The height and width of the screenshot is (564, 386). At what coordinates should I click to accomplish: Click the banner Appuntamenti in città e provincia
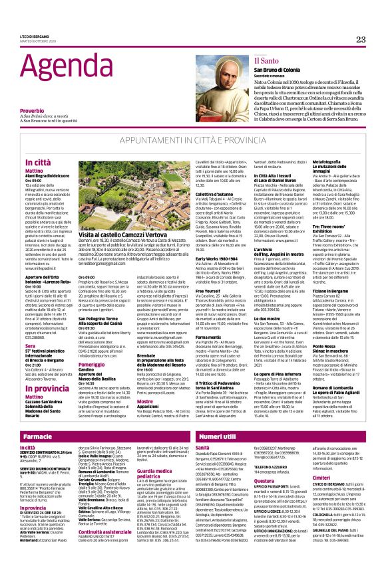(x=193, y=142)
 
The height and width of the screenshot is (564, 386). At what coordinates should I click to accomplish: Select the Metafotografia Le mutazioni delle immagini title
(x=341, y=165)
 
